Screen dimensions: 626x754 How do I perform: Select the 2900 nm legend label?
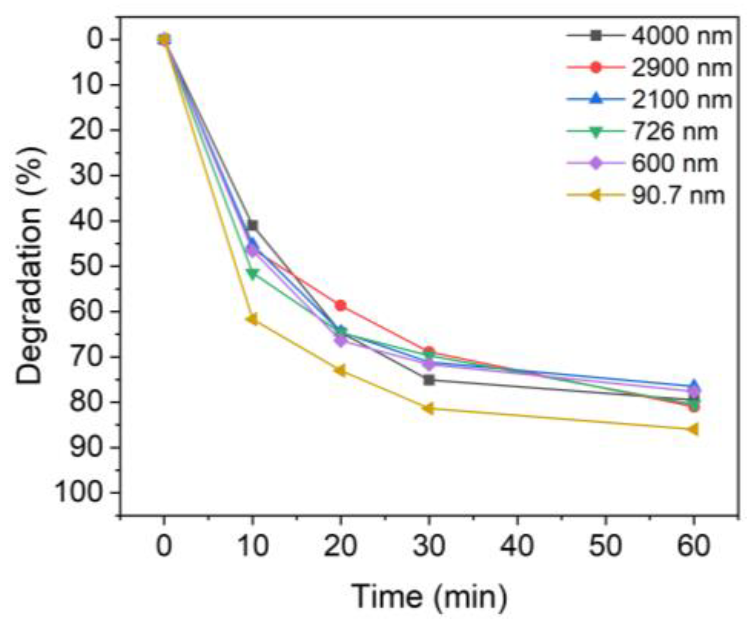coord(681,68)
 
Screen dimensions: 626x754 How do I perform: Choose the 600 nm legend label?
coord(674,163)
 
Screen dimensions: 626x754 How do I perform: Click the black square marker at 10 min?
coord(252,225)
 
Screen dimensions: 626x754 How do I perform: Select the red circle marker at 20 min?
coord(340,306)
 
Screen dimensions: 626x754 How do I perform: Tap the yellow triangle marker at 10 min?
coord(251,319)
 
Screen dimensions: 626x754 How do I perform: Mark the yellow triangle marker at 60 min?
coord(693,429)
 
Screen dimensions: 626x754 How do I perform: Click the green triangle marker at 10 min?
coord(252,274)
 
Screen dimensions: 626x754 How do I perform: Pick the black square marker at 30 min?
coord(429,380)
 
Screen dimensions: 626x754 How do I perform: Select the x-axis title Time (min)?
coord(429,596)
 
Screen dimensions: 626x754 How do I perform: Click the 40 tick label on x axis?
coord(517,546)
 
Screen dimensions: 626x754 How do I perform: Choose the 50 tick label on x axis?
coord(606,546)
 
